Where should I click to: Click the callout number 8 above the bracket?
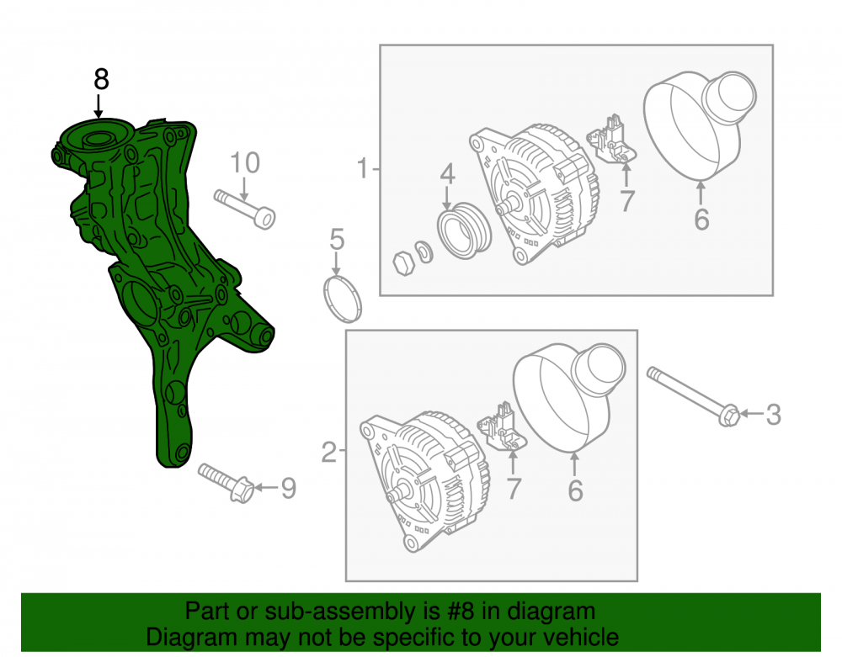101,79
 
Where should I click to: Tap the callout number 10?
245,162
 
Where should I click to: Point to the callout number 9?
288,488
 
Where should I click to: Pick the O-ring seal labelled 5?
343,299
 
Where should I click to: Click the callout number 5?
337,239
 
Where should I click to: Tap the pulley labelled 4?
465,230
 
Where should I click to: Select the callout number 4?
448,174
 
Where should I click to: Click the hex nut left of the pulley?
404,262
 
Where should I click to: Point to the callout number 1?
363,168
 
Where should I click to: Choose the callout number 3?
773,415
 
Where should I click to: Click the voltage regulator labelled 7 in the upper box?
611,140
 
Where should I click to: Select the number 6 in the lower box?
575,490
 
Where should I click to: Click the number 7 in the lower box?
514,489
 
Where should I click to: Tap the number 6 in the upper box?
701,220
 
